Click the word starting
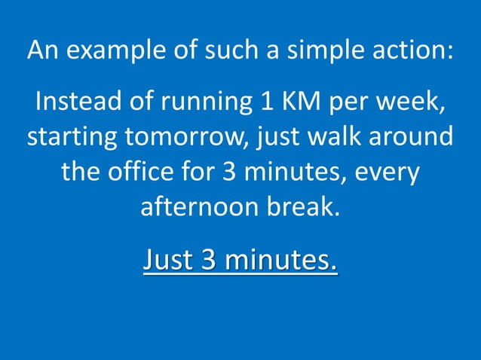pos(75,139)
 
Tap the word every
pos(384,174)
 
